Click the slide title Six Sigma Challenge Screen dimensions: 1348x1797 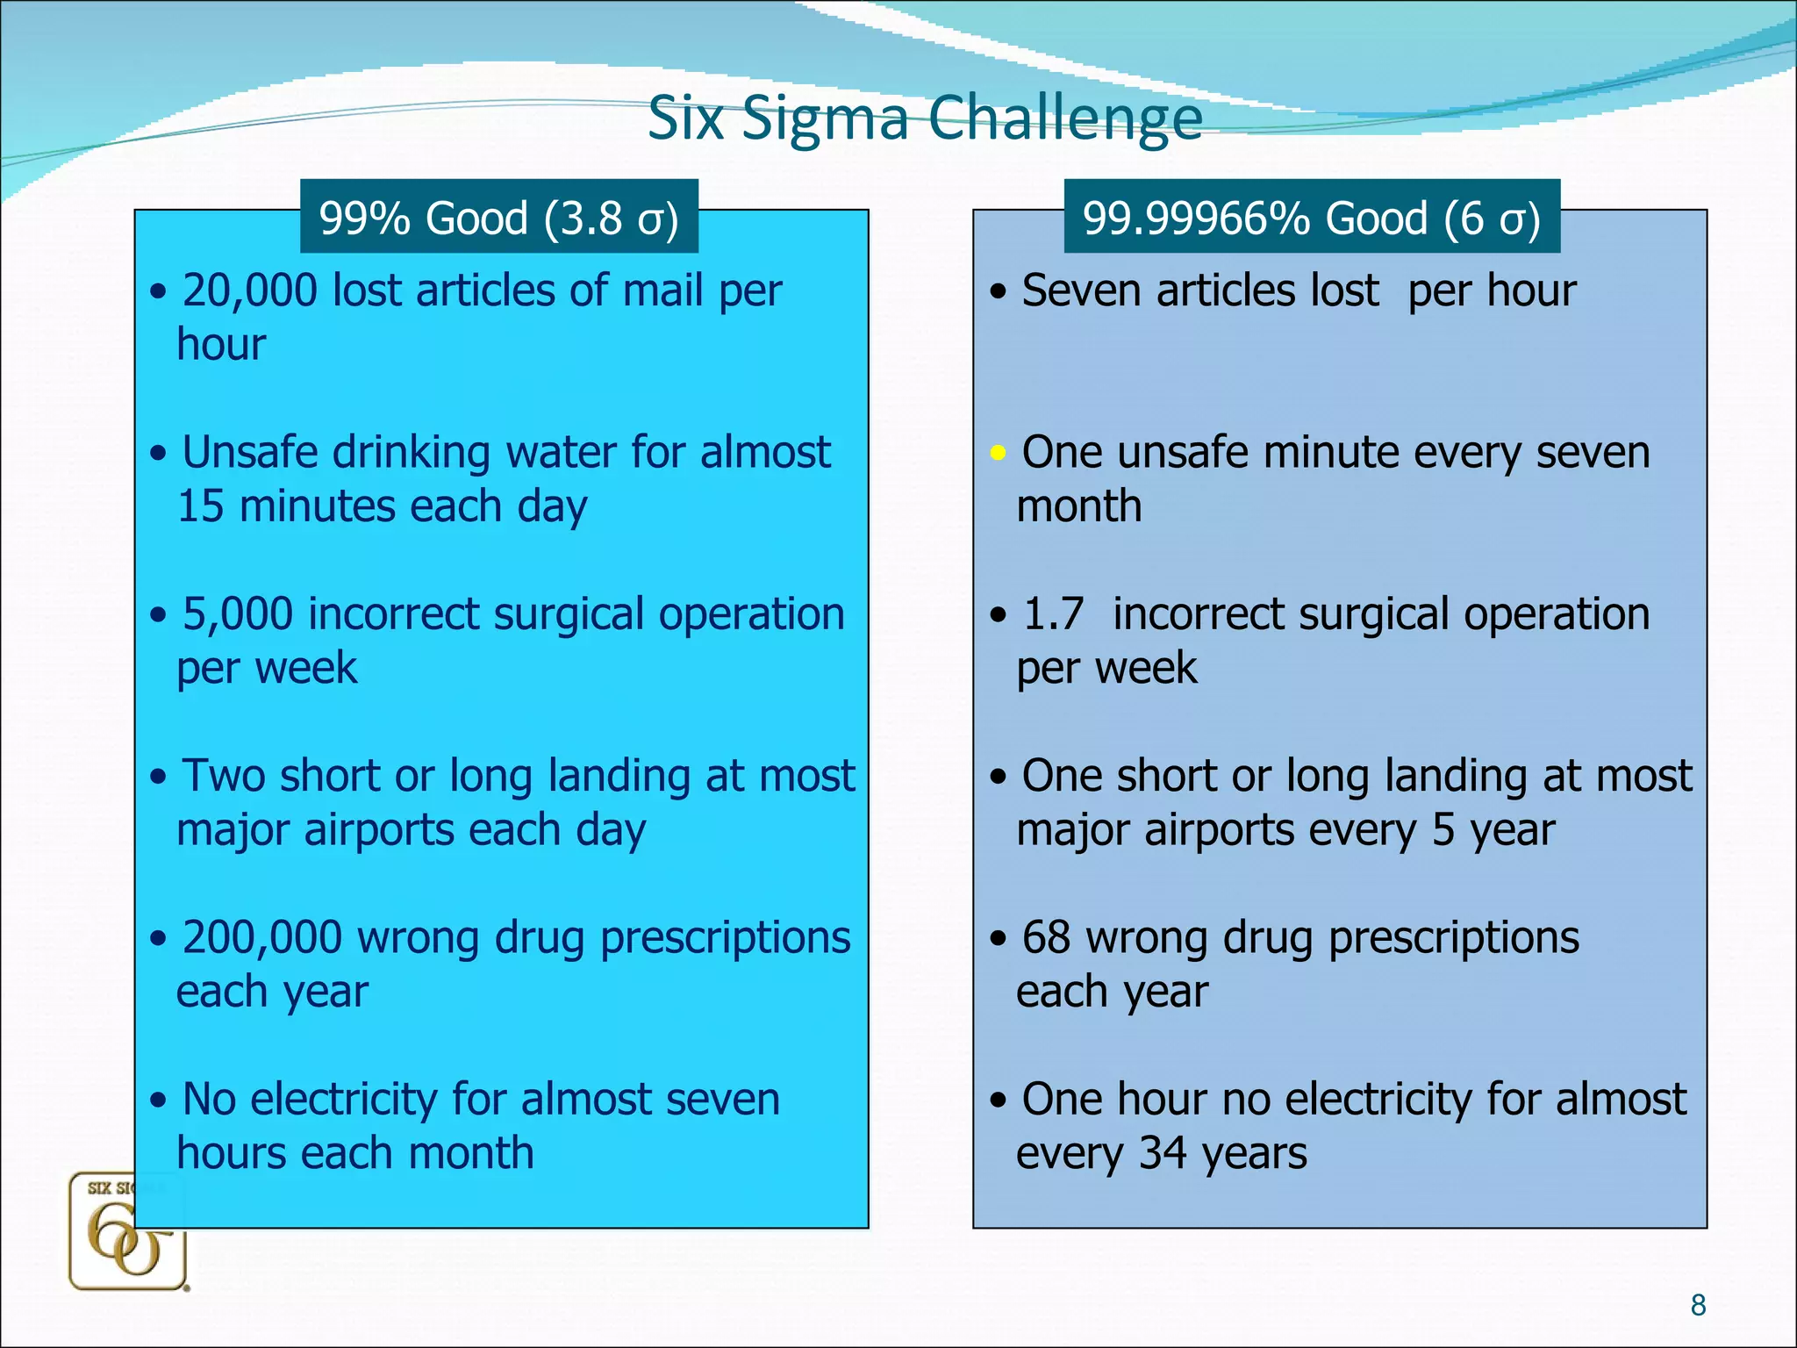click(924, 118)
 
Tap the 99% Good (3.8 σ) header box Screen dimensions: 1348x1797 click(498, 218)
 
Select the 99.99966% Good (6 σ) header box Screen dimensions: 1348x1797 click(1311, 218)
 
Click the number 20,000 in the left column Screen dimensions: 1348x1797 click(250, 290)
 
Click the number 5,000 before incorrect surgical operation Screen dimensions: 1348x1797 click(237, 613)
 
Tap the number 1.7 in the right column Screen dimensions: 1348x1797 click(1053, 613)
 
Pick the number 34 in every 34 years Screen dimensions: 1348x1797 click(1162, 1153)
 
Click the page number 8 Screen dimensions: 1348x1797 click(1698, 1305)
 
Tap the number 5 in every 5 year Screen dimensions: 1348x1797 click(1443, 830)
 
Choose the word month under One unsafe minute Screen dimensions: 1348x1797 click(1079, 507)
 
